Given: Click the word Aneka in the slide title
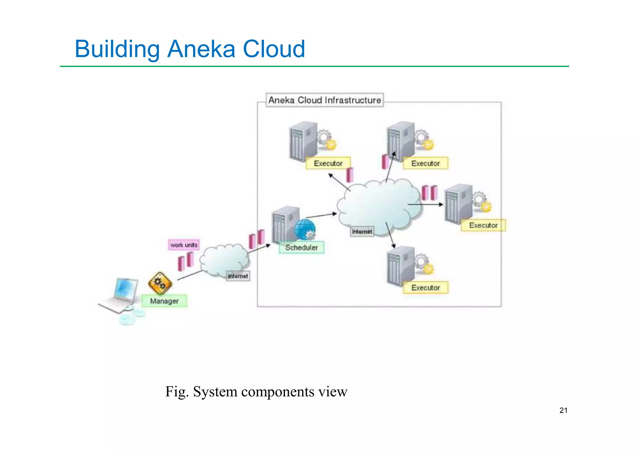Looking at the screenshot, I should (x=201, y=49).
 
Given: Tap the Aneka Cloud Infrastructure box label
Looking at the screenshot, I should (x=325, y=100).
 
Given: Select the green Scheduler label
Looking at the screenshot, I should (x=301, y=247).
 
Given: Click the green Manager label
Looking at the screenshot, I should (x=164, y=301).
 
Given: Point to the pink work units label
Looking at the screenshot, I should (x=184, y=245).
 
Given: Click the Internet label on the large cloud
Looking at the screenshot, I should (x=362, y=232).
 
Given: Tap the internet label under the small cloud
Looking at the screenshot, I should (x=238, y=276).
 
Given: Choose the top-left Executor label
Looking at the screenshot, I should (x=328, y=163).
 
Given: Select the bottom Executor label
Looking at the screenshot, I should (x=426, y=288).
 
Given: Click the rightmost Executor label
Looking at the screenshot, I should (x=483, y=225).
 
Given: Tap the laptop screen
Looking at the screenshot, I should (x=126, y=289).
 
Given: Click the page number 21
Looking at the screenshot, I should (x=563, y=410).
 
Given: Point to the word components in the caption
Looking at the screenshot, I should (x=278, y=392).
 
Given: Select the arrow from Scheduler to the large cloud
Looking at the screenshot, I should (x=321, y=215).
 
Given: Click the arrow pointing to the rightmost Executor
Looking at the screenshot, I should (x=425, y=204).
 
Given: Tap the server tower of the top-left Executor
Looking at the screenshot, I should (x=302, y=142).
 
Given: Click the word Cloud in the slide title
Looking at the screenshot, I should (x=274, y=49).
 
